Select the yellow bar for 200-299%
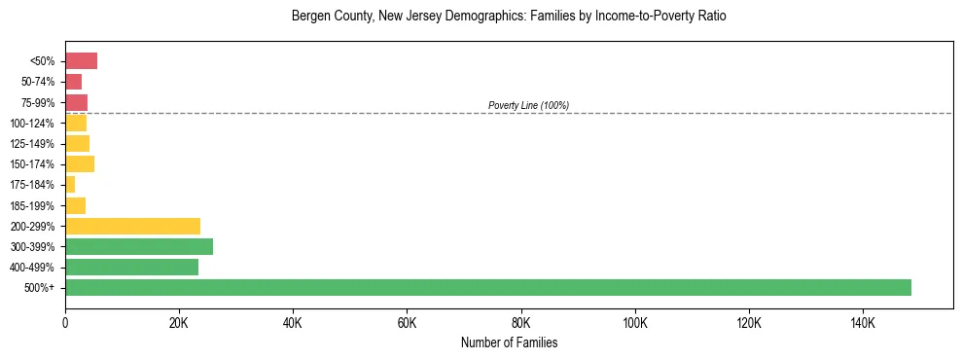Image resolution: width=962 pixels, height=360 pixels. [132, 226]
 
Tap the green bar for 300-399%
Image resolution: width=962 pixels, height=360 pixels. [139, 246]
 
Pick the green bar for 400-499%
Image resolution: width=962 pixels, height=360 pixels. [131, 267]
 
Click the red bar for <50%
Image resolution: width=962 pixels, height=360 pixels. [81, 61]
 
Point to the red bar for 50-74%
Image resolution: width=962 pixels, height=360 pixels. [73, 82]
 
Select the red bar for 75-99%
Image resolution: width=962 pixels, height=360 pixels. [76, 102]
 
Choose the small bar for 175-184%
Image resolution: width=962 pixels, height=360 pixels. [70, 184]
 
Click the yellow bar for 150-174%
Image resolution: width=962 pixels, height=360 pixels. [80, 163]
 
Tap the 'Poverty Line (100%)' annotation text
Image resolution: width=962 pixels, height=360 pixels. [528, 105]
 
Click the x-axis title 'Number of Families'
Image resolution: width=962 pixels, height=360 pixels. [509, 343]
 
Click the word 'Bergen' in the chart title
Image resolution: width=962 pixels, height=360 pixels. [310, 17]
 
